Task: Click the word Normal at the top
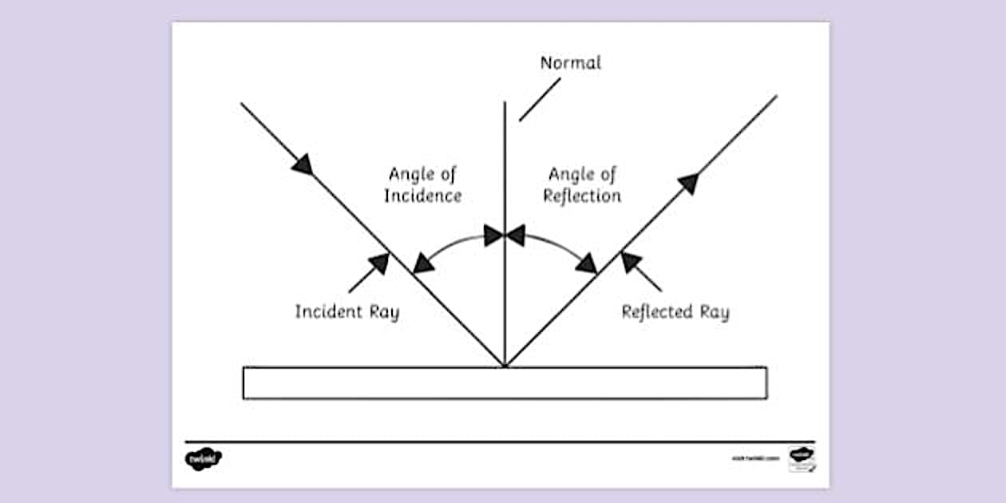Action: [x=570, y=63]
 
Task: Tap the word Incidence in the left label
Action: [x=422, y=196]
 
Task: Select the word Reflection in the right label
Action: [x=582, y=196]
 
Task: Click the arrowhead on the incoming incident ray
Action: [x=302, y=164]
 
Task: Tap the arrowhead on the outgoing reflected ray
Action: [x=689, y=183]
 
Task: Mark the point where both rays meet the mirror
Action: [x=505, y=366]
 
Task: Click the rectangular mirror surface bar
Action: [x=505, y=383]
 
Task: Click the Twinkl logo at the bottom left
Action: [x=203, y=458]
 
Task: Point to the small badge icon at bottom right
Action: [x=801, y=458]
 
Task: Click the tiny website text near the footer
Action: [x=754, y=459]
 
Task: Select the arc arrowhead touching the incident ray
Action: [x=424, y=262]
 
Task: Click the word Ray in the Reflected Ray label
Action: [x=715, y=311]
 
